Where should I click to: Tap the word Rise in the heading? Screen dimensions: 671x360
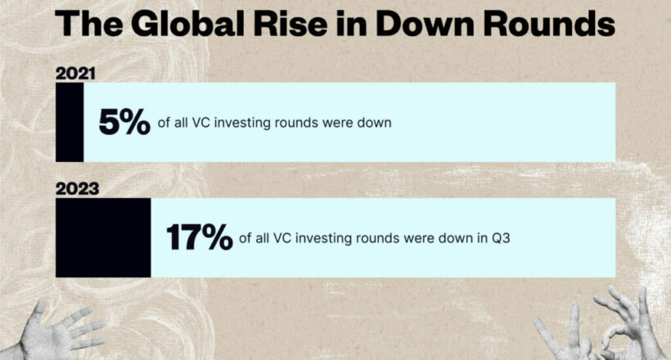pyautogui.click(x=290, y=23)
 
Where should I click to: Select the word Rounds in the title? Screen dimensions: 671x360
pyautogui.click(x=549, y=23)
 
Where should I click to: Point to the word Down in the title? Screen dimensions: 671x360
pyautogui.click(x=425, y=23)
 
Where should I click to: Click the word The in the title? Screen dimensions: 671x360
pyautogui.click(x=89, y=23)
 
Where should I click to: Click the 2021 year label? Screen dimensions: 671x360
pyautogui.click(x=75, y=74)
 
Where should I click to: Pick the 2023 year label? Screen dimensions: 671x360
pyautogui.click(x=78, y=189)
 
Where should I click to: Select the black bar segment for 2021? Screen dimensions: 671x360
pyautogui.click(x=70, y=122)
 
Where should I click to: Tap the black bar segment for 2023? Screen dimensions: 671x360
pyautogui.click(x=103, y=237)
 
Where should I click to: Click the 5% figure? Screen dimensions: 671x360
pyautogui.click(x=124, y=122)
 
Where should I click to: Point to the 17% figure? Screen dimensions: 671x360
pyautogui.click(x=200, y=237)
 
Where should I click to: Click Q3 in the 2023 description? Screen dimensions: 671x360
pyautogui.click(x=500, y=238)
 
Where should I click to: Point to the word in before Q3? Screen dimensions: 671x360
pyautogui.click(x=482, y=237)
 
